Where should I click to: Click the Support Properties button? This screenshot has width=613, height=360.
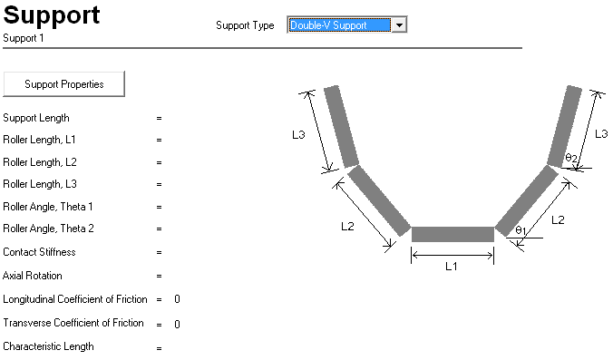tap(63, 83)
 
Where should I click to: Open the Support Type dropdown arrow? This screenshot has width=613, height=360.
tap(399, 25)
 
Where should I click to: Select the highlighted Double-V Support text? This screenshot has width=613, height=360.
tap(328, 25)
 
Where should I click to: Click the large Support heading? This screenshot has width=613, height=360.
tap(52, 15)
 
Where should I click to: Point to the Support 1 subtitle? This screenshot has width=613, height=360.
tap(24, 38)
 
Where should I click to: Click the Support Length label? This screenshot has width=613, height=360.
tap(36, 118)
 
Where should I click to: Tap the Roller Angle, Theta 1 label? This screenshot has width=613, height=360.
tap(48, 207)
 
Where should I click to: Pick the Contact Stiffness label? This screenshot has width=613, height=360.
tap(39, 252)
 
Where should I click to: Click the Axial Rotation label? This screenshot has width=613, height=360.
tap(33, 276)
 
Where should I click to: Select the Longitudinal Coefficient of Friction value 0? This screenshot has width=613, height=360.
tap(177, 299)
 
